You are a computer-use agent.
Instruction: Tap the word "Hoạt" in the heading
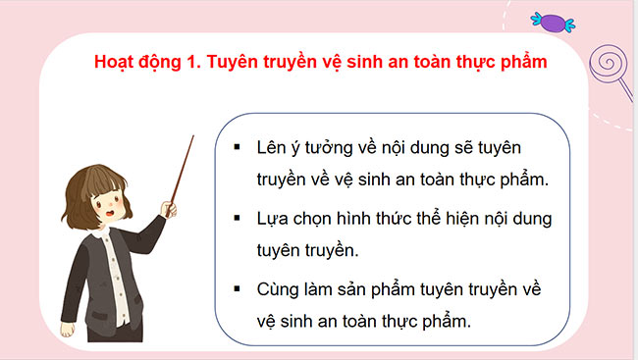(x=116, y=61)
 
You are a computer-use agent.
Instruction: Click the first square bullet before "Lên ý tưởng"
(x=239, y=147)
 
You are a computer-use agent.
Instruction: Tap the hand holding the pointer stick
(x=171, y=208)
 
